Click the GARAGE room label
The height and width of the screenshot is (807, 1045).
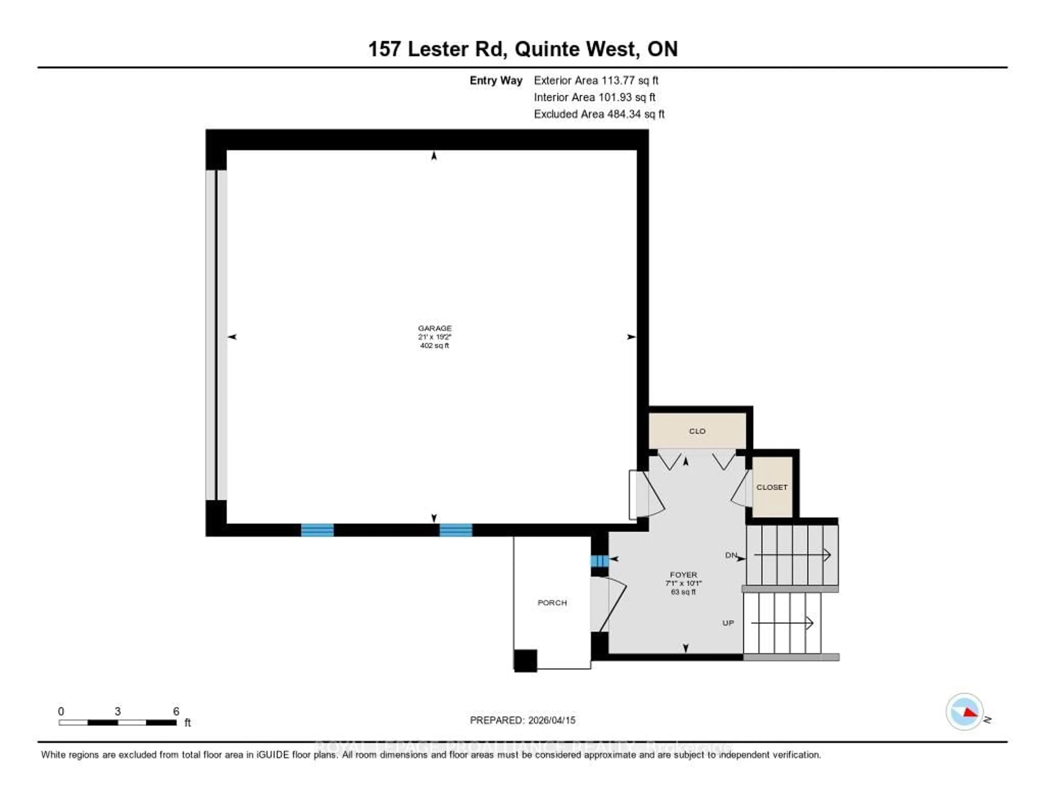[434, 328]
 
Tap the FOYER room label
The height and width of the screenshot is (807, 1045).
[683, 575]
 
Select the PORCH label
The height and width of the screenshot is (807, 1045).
[552, 603]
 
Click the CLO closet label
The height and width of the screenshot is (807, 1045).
[697, 431]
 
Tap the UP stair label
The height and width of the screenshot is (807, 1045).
[728, 623]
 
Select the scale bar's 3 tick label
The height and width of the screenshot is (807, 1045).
[118, 711]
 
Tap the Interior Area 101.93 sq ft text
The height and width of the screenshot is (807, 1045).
[594, 97]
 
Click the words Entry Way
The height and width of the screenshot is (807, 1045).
[496, 80]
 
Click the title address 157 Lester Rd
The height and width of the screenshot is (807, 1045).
[437, 49]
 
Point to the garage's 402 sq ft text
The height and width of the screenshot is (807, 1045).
[434, 345]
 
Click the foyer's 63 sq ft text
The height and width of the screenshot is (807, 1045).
[683, 592]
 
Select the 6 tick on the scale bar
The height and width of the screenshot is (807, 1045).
[176, 711]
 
